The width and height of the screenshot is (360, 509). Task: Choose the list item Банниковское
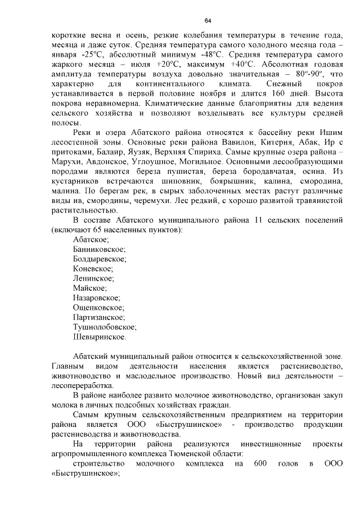[100, 249]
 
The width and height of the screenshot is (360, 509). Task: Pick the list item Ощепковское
[98, 308]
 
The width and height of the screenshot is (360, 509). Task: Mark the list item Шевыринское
[100, 337]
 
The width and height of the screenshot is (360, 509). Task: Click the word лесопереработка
[81, 386]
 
